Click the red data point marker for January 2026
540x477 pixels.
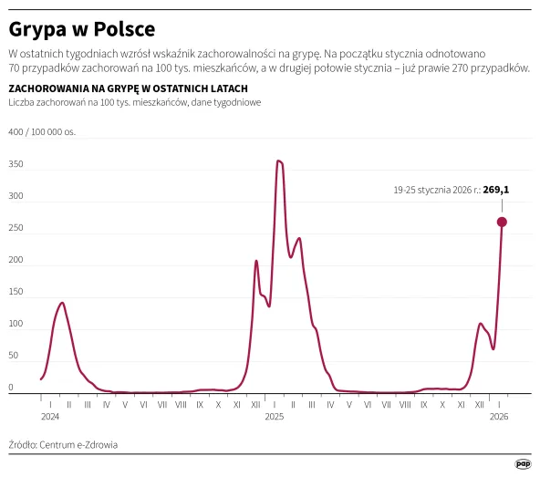502,222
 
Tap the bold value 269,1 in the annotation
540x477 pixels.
495,191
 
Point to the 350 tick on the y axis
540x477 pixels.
16,164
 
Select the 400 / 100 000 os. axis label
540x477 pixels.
42,132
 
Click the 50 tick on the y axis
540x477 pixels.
13,356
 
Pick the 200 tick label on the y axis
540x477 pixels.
16,260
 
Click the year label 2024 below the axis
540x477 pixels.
50,416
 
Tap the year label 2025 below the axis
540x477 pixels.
275,416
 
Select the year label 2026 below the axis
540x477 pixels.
499,416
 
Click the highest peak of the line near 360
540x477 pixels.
279,161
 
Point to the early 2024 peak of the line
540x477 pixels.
62,303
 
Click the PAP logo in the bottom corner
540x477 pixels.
523,463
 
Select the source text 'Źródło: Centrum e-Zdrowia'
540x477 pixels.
63,445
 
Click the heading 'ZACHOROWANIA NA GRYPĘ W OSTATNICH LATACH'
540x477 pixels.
128,88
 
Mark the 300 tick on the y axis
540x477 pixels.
16,196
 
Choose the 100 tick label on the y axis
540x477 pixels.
16,324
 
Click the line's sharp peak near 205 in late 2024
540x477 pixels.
256,261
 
